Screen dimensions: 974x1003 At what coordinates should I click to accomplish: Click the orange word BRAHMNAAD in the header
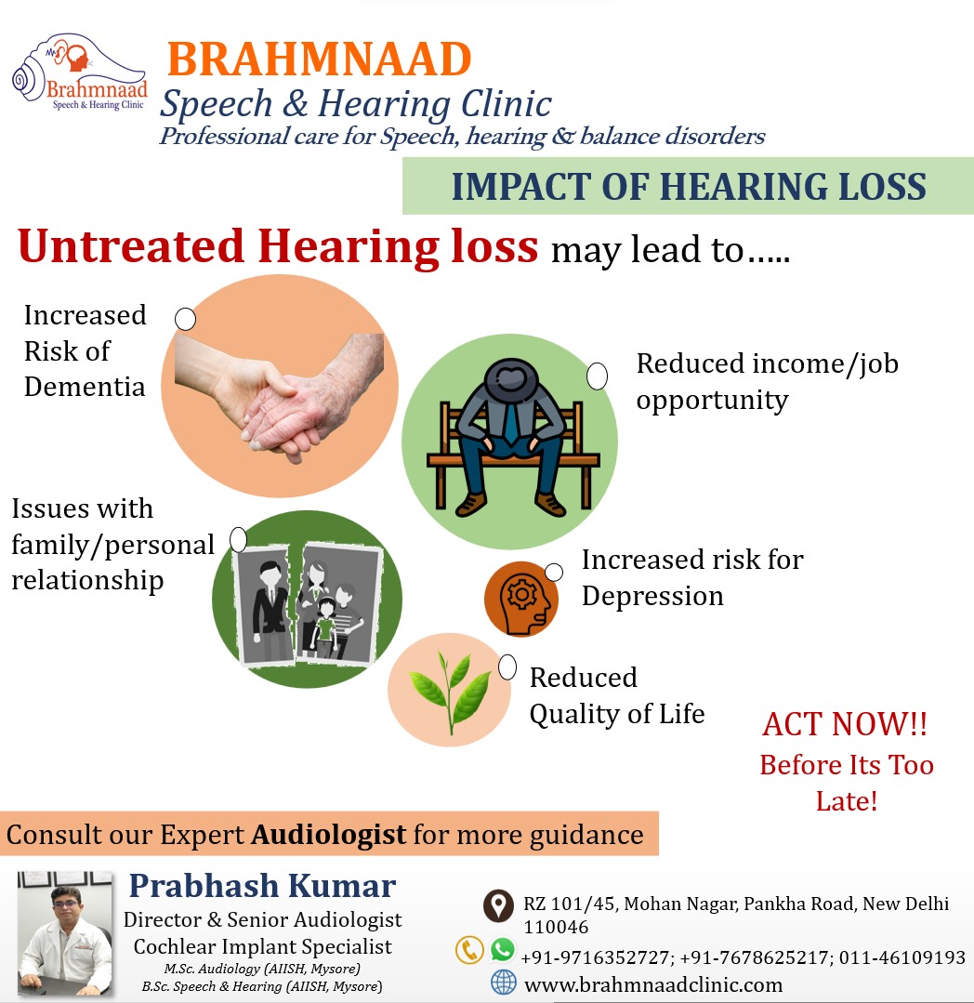coord(319,59)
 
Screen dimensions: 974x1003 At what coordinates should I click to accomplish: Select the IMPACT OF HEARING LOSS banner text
coord(689,186)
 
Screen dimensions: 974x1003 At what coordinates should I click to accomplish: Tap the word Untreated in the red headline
coord(131,246)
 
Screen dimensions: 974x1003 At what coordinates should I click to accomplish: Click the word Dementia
coord(85,387)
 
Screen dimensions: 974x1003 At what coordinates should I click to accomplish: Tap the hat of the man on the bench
coord(511,378)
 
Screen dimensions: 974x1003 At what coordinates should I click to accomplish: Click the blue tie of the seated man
coord(511,421)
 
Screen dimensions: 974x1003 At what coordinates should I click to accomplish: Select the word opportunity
coord(712,401)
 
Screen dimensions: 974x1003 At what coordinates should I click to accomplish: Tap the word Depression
coord(652,597)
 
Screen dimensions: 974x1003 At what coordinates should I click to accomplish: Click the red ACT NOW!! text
coord(845,724)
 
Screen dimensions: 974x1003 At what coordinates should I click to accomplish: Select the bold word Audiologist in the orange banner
coord(329,834)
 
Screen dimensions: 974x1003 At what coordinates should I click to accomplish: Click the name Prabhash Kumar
coord(262,886)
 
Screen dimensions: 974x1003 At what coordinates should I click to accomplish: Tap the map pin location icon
coord(498,905)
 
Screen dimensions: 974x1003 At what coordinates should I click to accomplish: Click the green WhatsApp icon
coord(503,949)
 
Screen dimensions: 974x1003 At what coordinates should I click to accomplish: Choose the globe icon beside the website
coord(504,983)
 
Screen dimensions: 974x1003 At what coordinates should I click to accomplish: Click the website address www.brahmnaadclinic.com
coord(653,984)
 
